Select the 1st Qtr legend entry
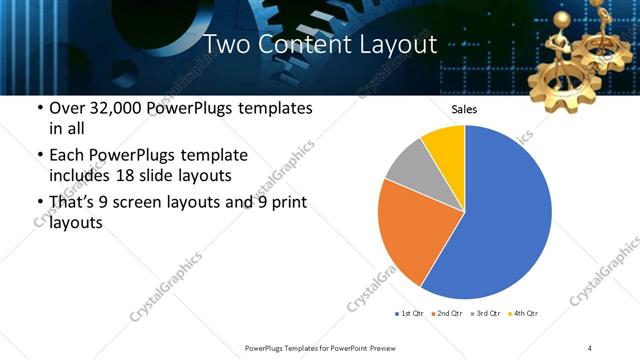click(411, 314)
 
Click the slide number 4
click(590, 347)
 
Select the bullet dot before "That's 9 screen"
click(39, 203)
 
